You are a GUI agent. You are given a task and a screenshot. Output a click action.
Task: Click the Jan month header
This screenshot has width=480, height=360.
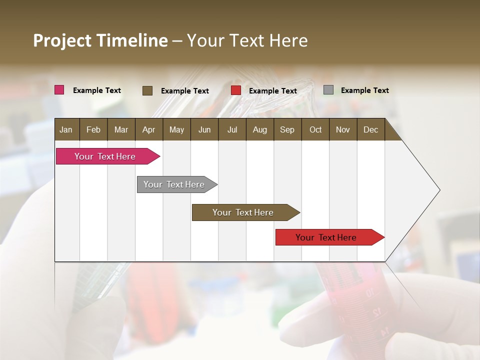coord(66,129)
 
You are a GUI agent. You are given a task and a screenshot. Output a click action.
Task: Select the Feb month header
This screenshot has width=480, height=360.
coord(93,129)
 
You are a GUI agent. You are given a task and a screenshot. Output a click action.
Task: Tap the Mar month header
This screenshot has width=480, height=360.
coord(121,129)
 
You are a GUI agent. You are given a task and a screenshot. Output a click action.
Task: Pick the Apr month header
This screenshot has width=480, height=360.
coord(149,129)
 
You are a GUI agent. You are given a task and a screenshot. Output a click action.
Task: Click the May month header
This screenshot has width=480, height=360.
coord(176,129)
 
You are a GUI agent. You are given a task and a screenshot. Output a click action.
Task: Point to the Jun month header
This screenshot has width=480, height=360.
coord(204,129)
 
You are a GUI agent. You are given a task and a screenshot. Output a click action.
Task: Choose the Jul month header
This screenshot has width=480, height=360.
coord(232,129)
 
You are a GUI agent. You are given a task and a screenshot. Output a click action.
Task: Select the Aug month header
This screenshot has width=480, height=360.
coord(260,129)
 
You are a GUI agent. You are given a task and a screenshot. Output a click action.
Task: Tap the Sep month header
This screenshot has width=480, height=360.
coord(287,129)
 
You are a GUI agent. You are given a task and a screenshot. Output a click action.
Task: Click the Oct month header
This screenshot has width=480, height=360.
coord(315,129)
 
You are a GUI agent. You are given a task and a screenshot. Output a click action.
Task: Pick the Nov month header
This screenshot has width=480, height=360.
coord(343,129)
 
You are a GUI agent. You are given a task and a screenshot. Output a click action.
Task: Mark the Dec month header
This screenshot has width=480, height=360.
coord(371,129)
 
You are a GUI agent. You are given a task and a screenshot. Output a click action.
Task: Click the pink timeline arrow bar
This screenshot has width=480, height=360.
coord(105,156)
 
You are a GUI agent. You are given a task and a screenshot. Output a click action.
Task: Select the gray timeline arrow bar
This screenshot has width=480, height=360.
coord(174,184)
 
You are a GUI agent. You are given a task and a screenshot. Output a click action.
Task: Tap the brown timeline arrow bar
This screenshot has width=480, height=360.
coord(243,212)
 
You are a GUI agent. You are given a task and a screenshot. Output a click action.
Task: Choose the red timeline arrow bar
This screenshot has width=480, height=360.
coord(326,237)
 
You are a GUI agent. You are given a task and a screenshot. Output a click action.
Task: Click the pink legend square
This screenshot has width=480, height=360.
coord(59,90)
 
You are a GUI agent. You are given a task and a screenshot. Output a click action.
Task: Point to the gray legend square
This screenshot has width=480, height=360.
coord(328,90)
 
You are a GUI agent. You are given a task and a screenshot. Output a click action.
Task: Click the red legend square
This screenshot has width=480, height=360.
coord(236,90)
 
